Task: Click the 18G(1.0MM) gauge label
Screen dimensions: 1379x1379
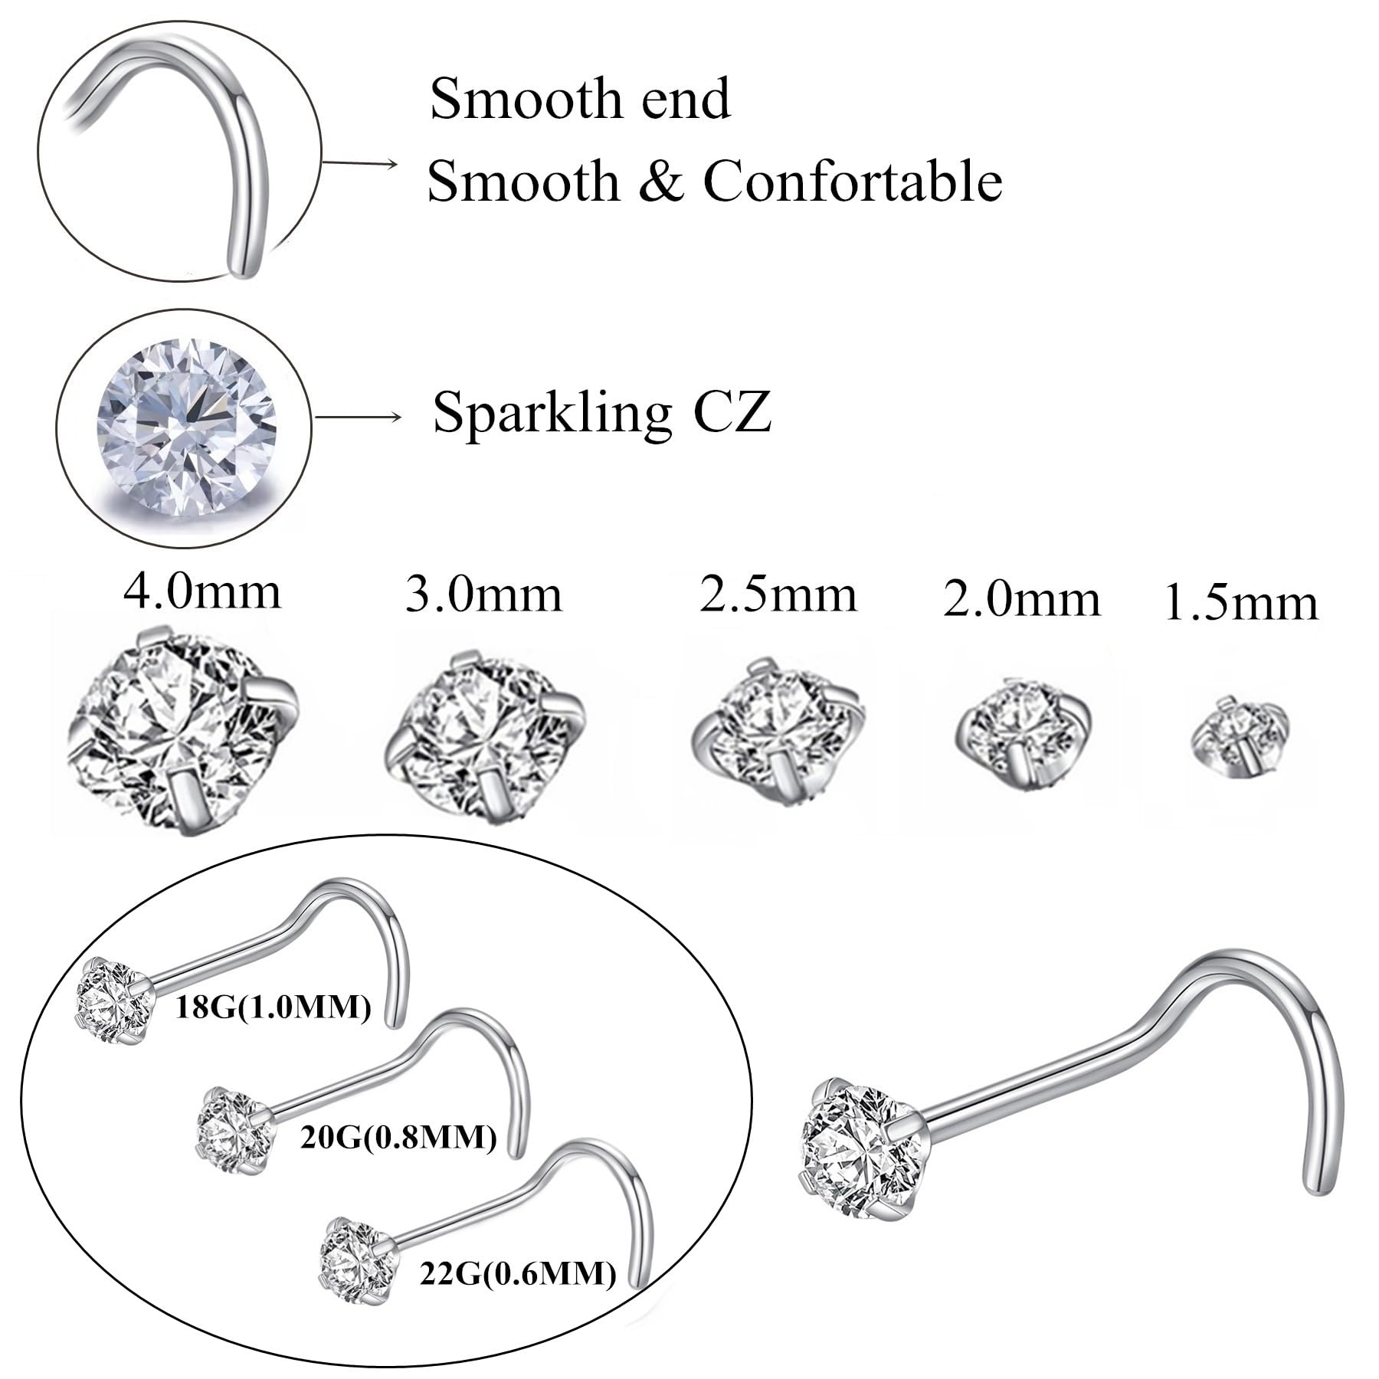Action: pos(274,1007)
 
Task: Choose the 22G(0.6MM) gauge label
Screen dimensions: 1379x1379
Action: pos(518,1273)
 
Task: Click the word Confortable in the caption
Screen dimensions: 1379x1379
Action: pos(852,182)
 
